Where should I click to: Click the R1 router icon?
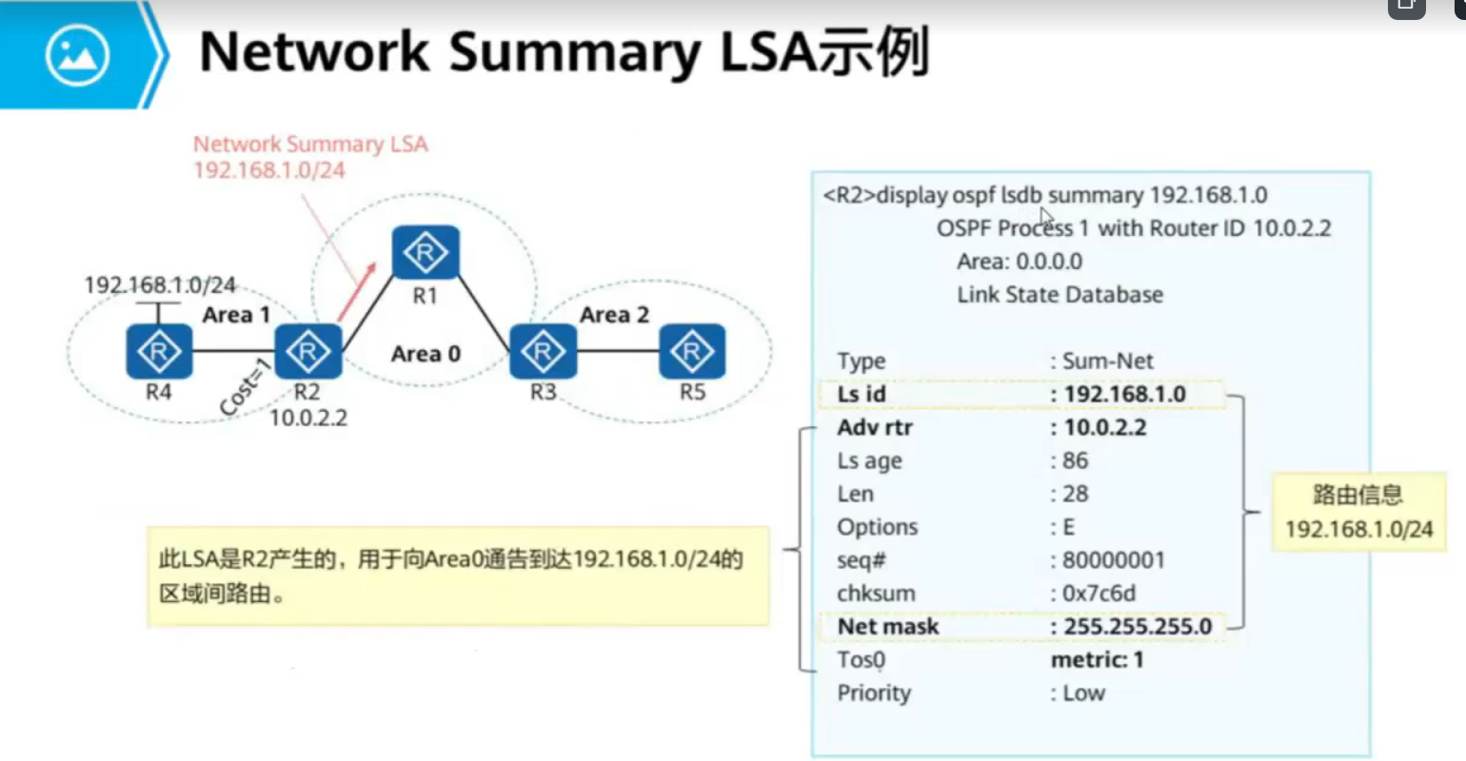click(426, 253)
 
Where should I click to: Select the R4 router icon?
click(159, 351)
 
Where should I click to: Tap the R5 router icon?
click(692, 351)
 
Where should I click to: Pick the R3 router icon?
click(544, 351)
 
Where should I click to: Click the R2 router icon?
click(307, 351)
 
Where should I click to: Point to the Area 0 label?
click(426, 354)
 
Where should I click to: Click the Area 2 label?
click(614, 315)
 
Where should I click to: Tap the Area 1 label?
click(236, 315)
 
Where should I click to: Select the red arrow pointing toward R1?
click(355, 292)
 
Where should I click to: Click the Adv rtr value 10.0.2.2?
click(1105, 427)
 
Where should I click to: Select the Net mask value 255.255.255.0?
click(1138, 626)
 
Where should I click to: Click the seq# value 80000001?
click(1113, 559)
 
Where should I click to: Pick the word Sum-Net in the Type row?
click(1107, 361)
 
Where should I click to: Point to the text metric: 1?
click(1097, 659)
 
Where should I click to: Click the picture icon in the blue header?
click(77, 55)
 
